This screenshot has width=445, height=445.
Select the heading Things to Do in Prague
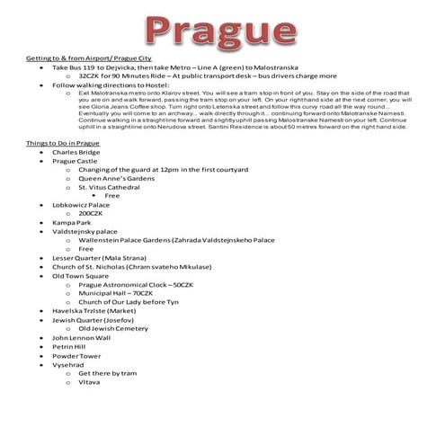[63, 143]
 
